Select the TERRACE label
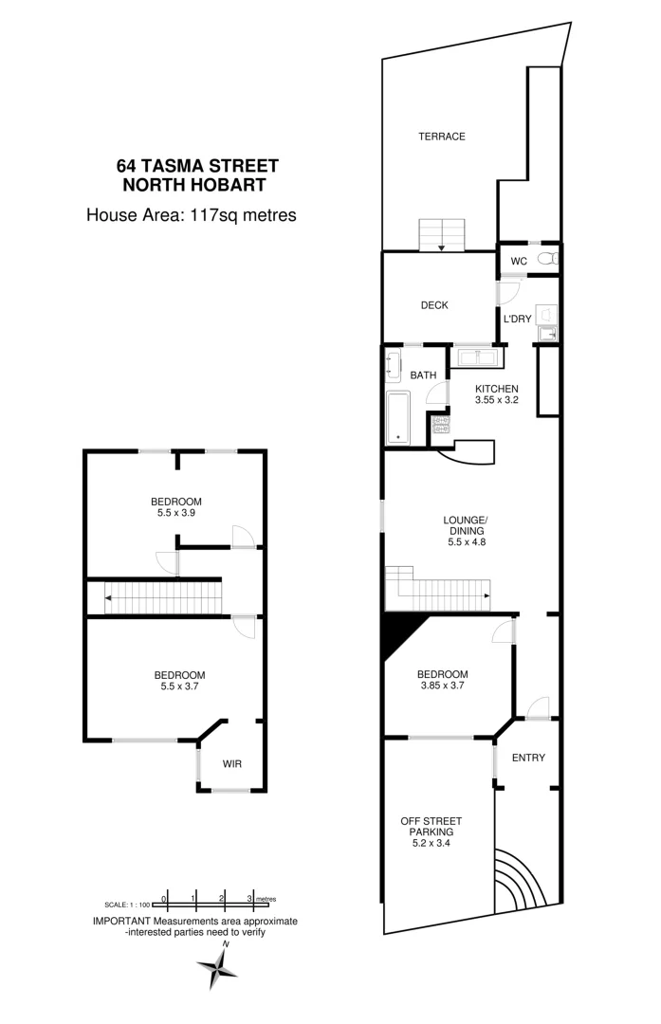tap(442, 137)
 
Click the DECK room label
tap(434, 305)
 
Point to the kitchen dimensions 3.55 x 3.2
tap(496, 401)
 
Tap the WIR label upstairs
tap(232, 763)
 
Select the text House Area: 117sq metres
tap(192, 215)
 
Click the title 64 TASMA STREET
tap(196, 166)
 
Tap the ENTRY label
tap(527, 758)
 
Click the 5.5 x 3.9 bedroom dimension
tap(175, 513)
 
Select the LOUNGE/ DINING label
tap(465, 525)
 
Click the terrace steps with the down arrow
tap(443, 235)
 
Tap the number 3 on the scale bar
tap(249, 897)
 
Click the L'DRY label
tap(517, 319)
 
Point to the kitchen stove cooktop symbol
tap(440, 424)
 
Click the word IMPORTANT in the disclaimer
tap(119, 921)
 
